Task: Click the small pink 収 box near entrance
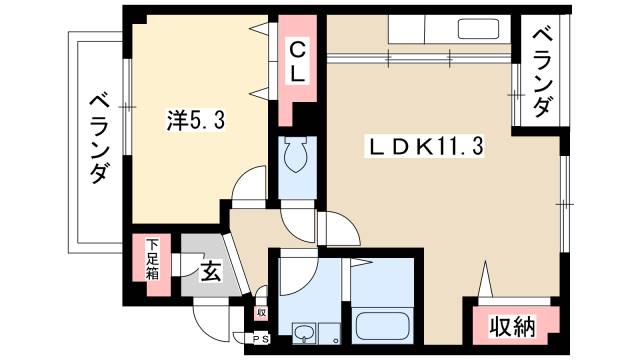tap(261, 312)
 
